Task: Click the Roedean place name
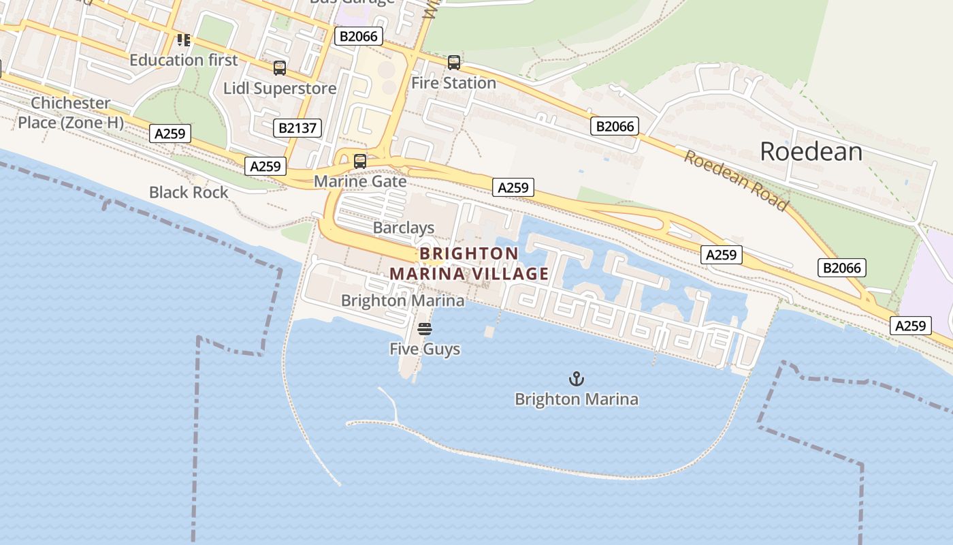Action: [811, 151]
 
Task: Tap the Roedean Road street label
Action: [737, 181]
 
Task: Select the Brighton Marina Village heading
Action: [469, 264]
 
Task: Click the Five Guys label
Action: [425, 349]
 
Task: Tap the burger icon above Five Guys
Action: [425, 330]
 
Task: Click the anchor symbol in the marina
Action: [577, 379]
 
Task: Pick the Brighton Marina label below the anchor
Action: [577, 399]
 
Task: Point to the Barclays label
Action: [404, 228]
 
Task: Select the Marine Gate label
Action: [360, 181]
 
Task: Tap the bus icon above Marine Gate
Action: [360, 161]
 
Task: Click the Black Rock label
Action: [189, 192]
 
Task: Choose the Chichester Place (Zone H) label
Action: [71, 112]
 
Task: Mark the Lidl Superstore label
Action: [280, 89]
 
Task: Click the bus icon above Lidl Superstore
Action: [280, 68]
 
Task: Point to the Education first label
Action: [184, 60]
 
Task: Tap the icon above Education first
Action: [184, 40]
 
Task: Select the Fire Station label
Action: [454, 83]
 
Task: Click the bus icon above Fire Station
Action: [454, 63]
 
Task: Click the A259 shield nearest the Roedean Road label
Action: [721, 255]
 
